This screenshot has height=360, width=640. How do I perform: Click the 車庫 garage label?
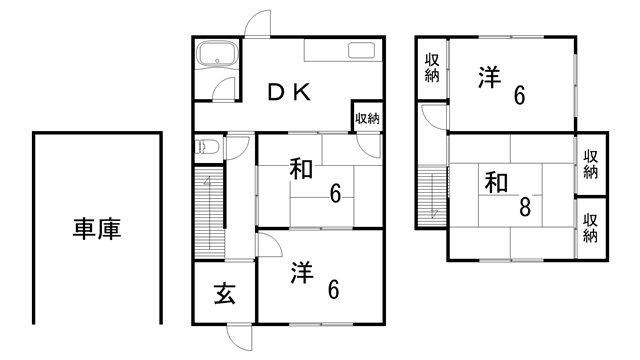[x=97, y=229]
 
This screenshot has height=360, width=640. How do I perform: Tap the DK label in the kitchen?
[x=289, y=92]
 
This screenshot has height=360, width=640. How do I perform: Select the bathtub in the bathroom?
[x=215, y=55]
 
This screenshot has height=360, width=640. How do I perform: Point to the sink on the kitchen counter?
[x=361, y=53]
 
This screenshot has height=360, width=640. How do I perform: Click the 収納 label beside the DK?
[x=367, y=118]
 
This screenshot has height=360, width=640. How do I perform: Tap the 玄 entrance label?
[x=225, y=294]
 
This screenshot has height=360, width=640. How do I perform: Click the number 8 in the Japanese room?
[x=524, y=209]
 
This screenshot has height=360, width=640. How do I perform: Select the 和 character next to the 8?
[x=497, y=183]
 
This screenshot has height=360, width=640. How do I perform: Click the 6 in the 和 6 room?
[x=334, y=193]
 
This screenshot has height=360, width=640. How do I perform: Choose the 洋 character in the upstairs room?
[x=488, y=78]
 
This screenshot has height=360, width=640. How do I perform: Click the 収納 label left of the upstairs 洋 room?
[x=432, y=69]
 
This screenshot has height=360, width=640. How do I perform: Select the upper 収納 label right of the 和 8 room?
[x=591, y=164]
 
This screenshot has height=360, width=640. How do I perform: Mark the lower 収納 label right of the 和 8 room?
[x=591, y=228]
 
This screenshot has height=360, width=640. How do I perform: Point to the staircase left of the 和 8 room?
[x=432, y=197]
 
